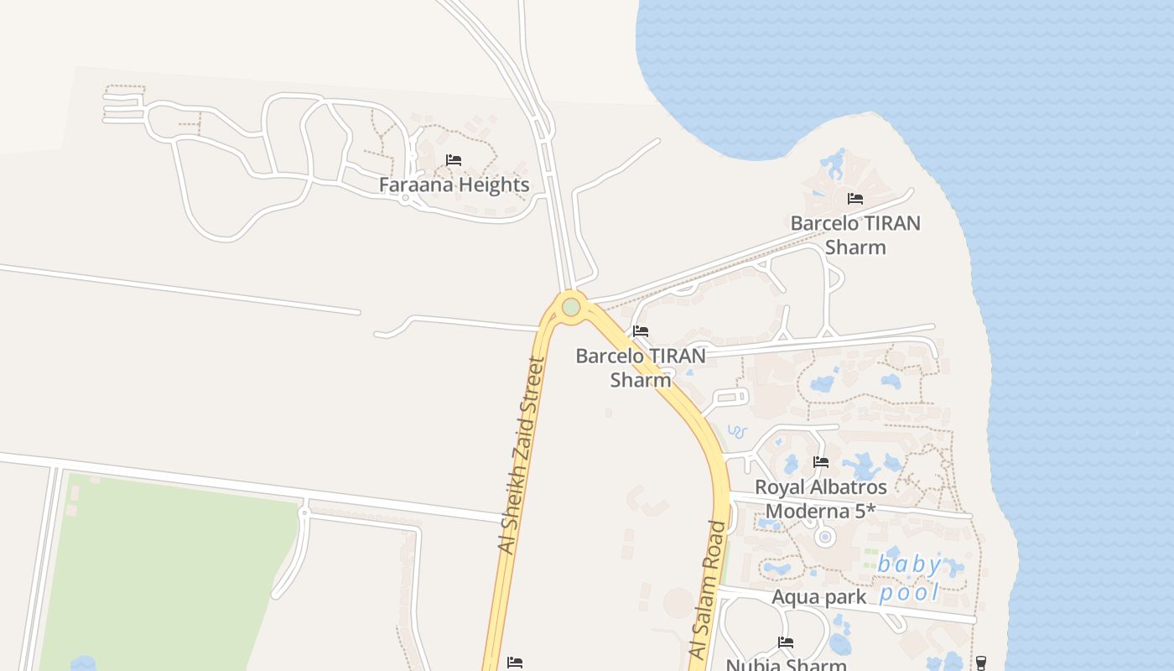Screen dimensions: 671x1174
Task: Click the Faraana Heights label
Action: pyautogui.click(x=454, y=185)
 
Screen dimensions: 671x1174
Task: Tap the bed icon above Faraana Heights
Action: pyautogui.click(x=454, y=159)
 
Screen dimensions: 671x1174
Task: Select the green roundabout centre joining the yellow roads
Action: pyautogui.click(x=571, y=307)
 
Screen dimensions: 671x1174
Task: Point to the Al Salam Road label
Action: pyautogui.click(x=706, y=589)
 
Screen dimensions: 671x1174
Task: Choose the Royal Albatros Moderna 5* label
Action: pyautogui.click(x=821, y=498)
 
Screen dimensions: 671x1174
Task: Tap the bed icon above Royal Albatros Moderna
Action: pyautogui.click(x=821, y=462)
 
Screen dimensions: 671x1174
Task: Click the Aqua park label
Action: pyautogui.click(x=818, y=597)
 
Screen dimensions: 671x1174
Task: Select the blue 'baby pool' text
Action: pyautogui.click(x=910, y=579)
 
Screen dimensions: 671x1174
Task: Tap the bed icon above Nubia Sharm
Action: pyautogui.click(x=786, y=643)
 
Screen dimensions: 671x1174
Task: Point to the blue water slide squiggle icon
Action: pyautogui.click(x=737, y=432)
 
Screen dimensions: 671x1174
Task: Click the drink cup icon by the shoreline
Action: pyautogui.click(x=981, y=663)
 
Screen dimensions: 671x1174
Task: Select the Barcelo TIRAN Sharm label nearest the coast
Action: pyautogui.click(x=855, y=235)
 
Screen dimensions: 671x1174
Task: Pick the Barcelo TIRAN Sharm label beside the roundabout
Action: pyautogui.click(x=641, y=367)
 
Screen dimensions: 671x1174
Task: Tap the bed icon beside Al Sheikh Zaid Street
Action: pyautogui.click(x=515, y=663)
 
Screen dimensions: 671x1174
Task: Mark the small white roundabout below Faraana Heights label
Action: pyautogui.click(x=405, y=199)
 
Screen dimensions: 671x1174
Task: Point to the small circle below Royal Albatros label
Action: pyautogui.click(x=825, y=536)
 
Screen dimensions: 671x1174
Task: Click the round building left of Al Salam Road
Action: pyautogui.click(x=678, y=603)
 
